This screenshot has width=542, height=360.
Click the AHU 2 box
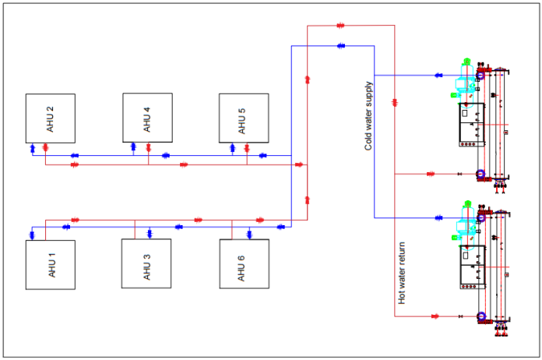[x=50, y=118]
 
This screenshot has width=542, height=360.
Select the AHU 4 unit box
[x=147, y=118]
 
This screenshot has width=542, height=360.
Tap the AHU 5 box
[x=244, y=118]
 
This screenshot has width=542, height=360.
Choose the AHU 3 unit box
[x=146, y=263]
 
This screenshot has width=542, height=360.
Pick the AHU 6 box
[x=244, y=264]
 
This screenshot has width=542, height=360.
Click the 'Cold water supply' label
[x=368, y=115]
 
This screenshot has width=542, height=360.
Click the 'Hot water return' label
[x=402, y=272]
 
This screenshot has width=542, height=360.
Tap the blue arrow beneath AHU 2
[x=32, y=147]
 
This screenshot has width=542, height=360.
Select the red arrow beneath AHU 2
[x=45, y=147]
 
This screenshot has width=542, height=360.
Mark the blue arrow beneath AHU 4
[x=134, y=146]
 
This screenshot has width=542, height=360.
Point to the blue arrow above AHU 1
[x=32, y=232]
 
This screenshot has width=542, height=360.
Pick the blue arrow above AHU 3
[x=149, y=231]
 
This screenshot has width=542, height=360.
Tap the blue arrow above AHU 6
[x=249, y=231]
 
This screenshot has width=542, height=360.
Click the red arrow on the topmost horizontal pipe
[x=340, y=26]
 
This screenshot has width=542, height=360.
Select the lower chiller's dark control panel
[x=471, y=267]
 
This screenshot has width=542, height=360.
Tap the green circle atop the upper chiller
[x=466, y=61]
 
